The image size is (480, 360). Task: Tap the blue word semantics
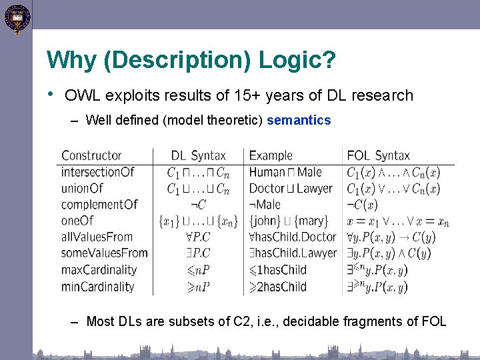[x=299, y=121]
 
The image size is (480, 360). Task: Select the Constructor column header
[x=91, y=155]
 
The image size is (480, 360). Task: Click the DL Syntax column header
[x=198, y=155]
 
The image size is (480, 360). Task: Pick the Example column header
[x=271, y=155]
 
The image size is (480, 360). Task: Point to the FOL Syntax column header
[x=378, y=155]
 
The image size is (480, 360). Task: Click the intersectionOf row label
[x=97, y=172]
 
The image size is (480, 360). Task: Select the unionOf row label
[x=82, y=189]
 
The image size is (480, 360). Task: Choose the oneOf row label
[x=77, y=221]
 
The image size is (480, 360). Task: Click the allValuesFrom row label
[x=97, y=237]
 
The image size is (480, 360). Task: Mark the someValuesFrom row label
[x=104, y=253]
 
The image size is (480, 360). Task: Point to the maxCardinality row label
[x=99, y=270]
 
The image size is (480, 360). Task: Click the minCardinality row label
[x=97, y=287]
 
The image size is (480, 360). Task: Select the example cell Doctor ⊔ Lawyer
[x=290, y=189]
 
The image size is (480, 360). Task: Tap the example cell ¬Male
[x=265, y=205]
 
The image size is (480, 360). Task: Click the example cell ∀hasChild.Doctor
[x=293, y=237]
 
